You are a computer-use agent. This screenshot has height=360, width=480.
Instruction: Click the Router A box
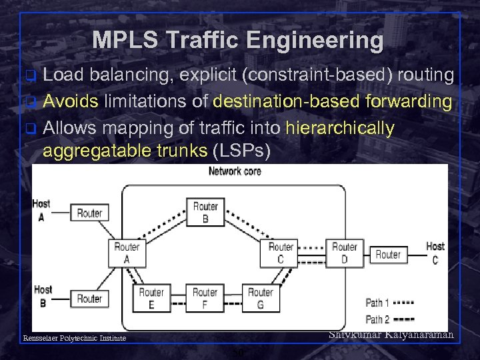[x=127, y=253]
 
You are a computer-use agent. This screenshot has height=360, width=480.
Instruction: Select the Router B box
[x=205, y=213]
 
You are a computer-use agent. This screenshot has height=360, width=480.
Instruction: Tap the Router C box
[x=281, y=253]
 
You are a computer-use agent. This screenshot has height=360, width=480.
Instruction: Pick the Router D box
[x=344, y=253]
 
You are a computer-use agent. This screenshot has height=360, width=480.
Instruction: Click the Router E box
[x=151, y=298]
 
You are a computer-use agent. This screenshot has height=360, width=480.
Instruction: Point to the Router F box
[x=205, y=298]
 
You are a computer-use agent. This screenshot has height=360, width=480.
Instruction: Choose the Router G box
[x=260, y=298]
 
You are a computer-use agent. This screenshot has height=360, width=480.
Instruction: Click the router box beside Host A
[x=89, y=213]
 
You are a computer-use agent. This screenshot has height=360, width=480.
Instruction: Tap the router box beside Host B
[x=89, y=298]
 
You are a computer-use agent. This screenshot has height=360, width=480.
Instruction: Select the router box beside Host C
[x=388, y=254]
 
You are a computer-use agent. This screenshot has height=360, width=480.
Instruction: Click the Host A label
[x=41, y=210]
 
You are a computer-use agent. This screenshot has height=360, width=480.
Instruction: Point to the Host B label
[x=43, y=295]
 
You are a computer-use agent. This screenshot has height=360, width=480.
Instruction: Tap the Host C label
[x=435, y=253]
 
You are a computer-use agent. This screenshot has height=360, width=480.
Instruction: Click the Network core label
[x=235, y=171]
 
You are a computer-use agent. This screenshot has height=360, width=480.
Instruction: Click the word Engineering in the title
[x=315, y=41]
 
